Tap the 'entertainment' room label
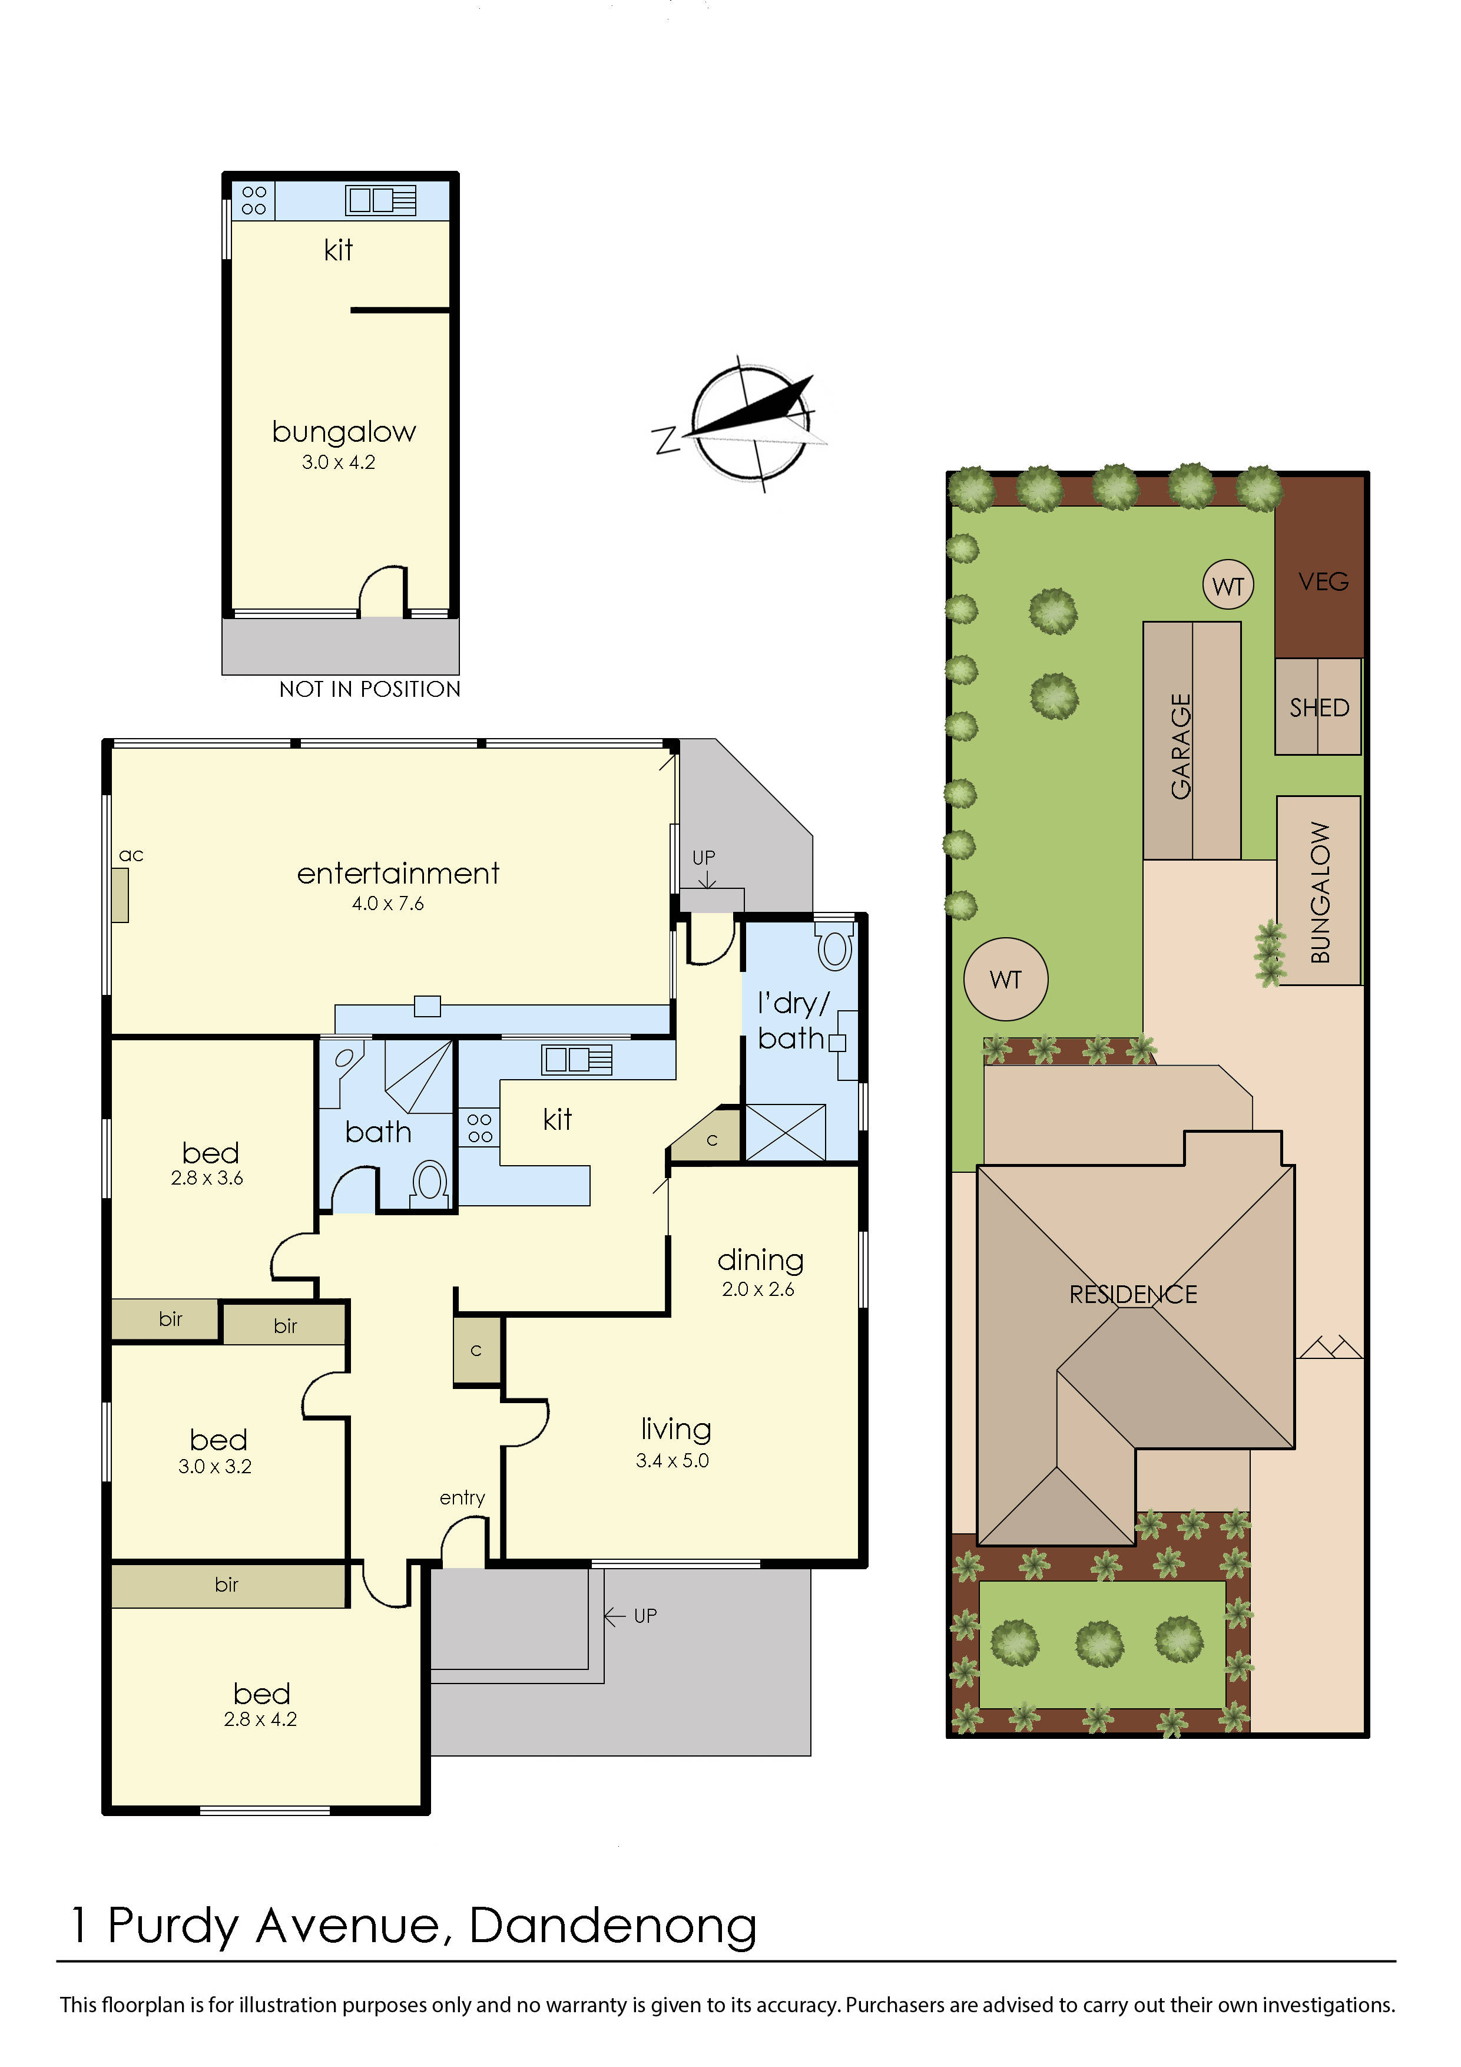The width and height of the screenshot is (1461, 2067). tap(398, 873)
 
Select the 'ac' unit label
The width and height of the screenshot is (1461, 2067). tap(131, 855)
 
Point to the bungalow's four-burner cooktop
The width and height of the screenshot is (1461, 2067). tap(254, 200)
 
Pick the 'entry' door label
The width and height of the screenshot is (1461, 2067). tap(462, 1497)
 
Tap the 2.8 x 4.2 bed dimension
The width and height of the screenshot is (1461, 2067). tap(260, 1719)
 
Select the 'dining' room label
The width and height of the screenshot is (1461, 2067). tap(760, 1261)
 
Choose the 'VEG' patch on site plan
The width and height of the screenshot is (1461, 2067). tap(1323, 581)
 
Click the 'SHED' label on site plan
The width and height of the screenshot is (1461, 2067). tap(1318, 707)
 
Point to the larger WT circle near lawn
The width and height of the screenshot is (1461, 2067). tap(1006, 980)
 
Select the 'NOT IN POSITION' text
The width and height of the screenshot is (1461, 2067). tap(369, 690)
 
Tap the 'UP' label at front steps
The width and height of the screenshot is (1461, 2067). tap(645, 1616)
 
